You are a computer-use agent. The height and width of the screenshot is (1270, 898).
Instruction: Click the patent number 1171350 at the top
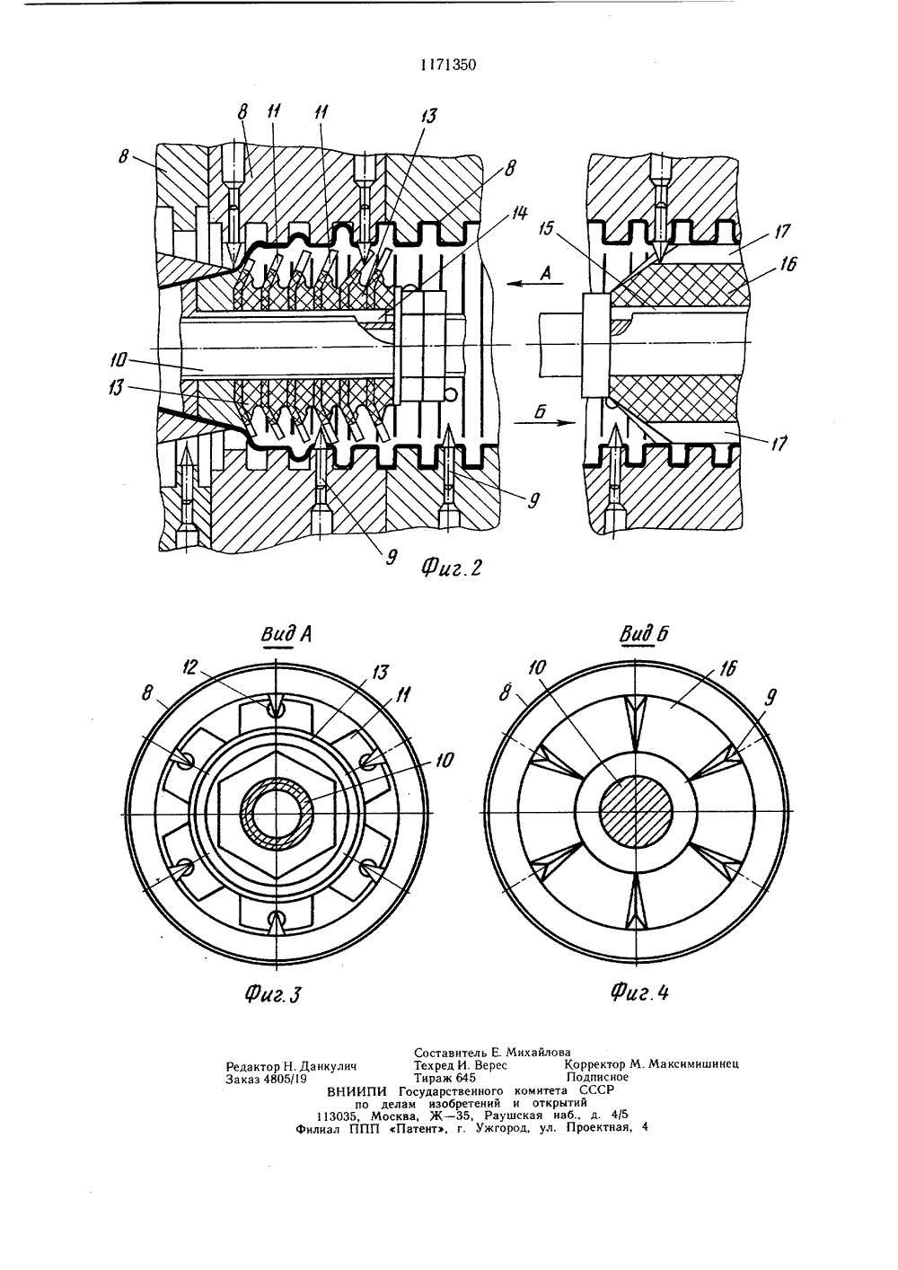pyautogui.click(x=448, y=66)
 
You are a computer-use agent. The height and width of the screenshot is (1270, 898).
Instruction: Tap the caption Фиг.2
pyautogui.click(x=452, y=567)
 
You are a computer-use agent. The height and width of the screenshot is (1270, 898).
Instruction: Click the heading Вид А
pyautogui.click(x=286, y=635)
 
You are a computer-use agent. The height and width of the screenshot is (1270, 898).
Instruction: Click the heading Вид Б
pyautogui.click(x=644, y=634)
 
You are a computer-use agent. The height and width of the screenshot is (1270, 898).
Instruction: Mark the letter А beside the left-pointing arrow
pyautogui.click(x=546, y=273)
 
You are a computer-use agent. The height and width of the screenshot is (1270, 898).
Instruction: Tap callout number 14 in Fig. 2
pyautogui.click(x=519, y=214)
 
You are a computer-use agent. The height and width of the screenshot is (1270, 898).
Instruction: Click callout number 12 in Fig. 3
pyautogui.click(x=191, y=668)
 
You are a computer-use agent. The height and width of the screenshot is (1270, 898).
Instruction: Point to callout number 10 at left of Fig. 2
pyautogui.click(x=120, y=359)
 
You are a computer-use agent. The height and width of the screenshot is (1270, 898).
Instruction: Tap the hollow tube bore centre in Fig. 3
pyautogui.click(x=276, y=816)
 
